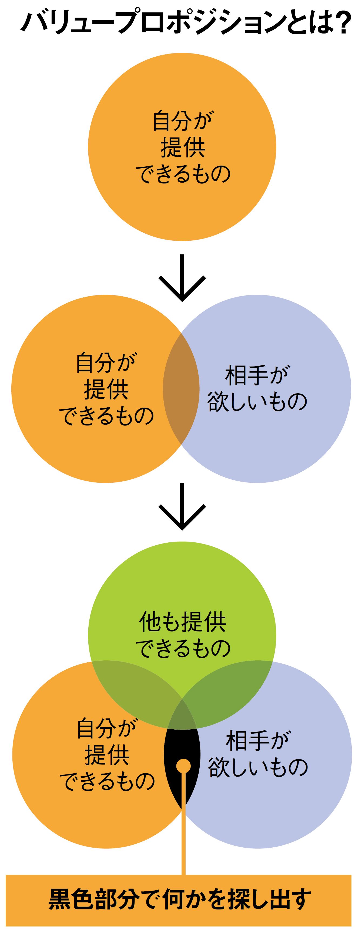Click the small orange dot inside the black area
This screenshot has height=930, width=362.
tap(183, 766)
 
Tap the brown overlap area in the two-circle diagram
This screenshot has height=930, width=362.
tap(181, 389)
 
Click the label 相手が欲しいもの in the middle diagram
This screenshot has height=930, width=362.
tap(257, 388)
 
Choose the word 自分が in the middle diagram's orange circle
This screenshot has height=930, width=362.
tap(106, 362)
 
